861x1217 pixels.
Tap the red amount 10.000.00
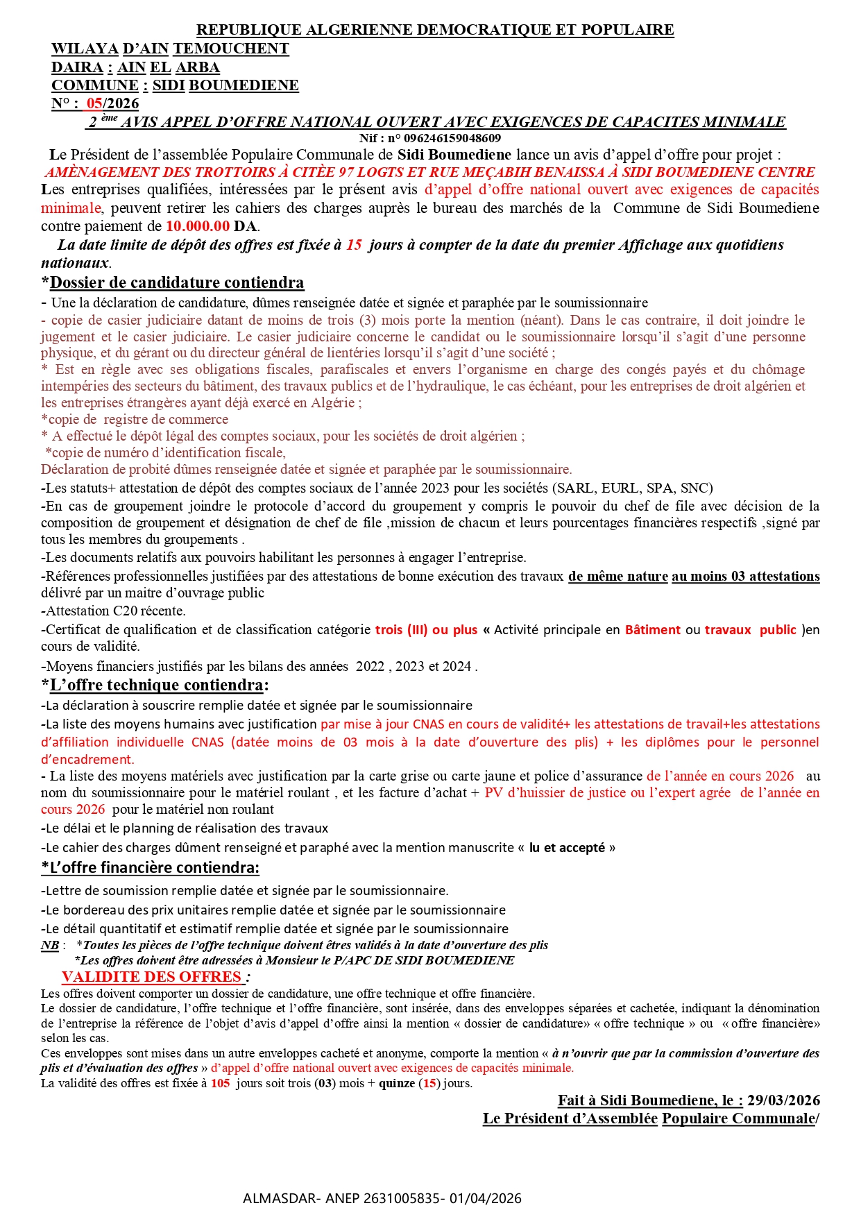197,226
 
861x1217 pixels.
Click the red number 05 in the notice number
94,104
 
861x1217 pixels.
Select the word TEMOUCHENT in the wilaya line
230,49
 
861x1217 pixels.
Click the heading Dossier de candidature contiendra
177,282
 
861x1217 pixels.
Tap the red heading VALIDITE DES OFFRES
152,977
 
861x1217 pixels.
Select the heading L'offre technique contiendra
156,685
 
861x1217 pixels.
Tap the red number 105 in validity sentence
220,1083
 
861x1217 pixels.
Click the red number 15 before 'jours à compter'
354,245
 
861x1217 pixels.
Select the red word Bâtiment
652,630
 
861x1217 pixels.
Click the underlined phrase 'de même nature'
617,577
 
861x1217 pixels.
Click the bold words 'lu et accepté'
567,848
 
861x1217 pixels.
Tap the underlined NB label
50,945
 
